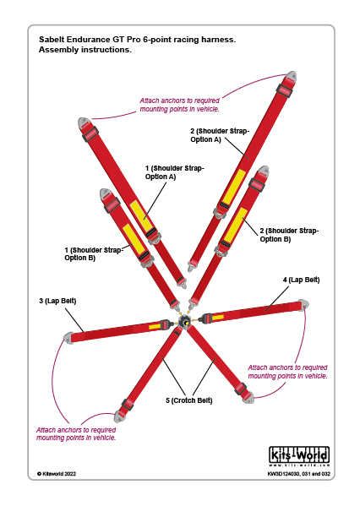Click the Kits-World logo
point(299,456)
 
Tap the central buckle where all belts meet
point(185,322)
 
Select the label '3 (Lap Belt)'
point(57,301)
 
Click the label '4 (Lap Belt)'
point(301,280)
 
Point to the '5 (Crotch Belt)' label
point(189,400)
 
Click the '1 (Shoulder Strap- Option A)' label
point(175,172)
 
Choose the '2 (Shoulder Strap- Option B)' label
point(289,235)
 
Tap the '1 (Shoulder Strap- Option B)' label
point(94,254)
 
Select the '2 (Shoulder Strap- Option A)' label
point(220,135)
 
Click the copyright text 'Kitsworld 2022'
point(57,474)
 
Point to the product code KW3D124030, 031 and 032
point(299,474)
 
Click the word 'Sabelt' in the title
point(52,40)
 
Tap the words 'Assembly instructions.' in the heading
point(85,50)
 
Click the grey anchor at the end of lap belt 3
point(68,338)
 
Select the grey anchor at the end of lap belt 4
point(303,305)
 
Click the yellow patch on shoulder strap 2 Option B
point(236,226)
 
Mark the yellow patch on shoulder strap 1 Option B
point(134,238)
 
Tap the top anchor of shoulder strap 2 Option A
point(291,77)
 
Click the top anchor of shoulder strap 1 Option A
point(85,123)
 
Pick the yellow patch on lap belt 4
point(217,318)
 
